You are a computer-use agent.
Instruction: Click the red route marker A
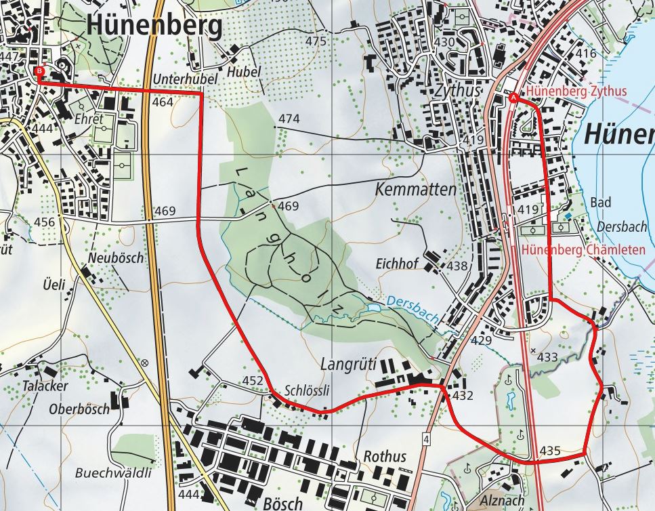pos(513,99)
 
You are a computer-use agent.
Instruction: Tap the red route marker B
pos(39,70)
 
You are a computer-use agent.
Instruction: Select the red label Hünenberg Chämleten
pos(583,249)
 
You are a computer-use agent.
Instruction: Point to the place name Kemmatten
pos(415,190)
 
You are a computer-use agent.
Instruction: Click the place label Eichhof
pos(398,264)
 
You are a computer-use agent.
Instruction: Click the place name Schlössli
pos(307,391)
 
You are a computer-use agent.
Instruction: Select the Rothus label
pos(385,456)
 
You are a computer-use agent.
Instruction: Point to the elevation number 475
pos(316,41)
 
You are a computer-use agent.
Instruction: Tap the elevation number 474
pos(289,119)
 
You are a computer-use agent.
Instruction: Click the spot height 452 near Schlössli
pos(252,382)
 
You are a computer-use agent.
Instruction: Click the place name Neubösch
pos(116,258)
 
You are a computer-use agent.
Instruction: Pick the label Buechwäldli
pos(113,472)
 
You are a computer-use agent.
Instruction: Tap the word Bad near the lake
pos(600,203)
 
